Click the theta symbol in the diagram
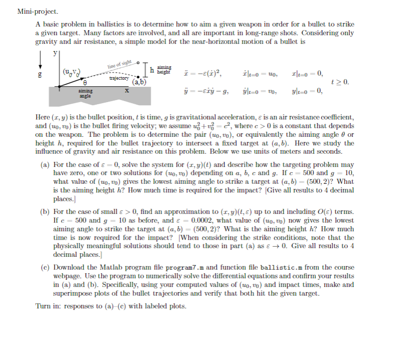click(x=85, y=82)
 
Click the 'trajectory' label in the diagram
click(x=120, y=78)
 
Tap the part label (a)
click(x=45, y=165)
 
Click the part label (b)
click(x=45, y=211)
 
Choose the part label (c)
click(x=45, y=268)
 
